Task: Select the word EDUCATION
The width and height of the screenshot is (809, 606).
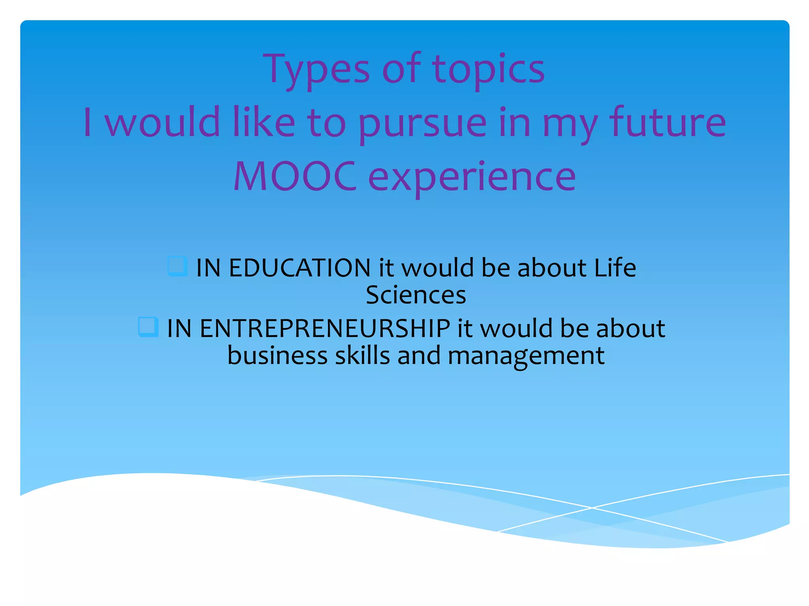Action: point(299,268)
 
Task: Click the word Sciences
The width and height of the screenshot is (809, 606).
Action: point(416,295)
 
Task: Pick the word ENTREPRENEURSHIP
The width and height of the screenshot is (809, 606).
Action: point(325,328)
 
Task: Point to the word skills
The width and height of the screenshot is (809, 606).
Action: point(363,355)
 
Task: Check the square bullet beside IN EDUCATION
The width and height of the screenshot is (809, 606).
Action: point(177,266)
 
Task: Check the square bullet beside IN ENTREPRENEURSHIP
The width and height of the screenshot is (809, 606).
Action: point(148,327)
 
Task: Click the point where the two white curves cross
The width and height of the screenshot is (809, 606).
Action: point(592,508)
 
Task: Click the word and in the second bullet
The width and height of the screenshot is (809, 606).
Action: point(419,355)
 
